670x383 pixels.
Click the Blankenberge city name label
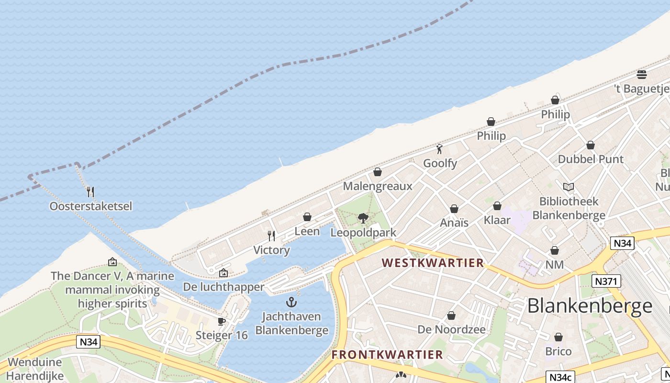[590, 305]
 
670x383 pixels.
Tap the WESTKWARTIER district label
[433, 263]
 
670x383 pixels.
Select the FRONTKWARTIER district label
[387, 355]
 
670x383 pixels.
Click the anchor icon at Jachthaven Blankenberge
[291, 302]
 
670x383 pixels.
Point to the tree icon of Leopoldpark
[363, 218]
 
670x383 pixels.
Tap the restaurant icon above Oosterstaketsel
[90, 192]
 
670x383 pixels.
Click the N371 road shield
[606, 281]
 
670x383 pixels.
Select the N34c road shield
[560, 377]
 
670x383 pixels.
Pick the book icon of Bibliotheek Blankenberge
[569, 187]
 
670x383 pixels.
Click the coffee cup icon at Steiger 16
[221, 321]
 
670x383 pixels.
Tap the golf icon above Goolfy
[439, 149]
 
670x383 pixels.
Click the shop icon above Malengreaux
[378, 172]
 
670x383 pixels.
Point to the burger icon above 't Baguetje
[642, 75]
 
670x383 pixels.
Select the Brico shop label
[558, 351]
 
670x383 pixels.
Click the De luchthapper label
[223, 287]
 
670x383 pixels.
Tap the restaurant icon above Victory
[271, 236]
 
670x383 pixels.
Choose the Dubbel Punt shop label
[591, 159]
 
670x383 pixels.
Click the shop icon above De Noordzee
[451, 315]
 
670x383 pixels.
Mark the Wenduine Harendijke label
[35, 369]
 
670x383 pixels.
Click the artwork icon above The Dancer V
[112, 262]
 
